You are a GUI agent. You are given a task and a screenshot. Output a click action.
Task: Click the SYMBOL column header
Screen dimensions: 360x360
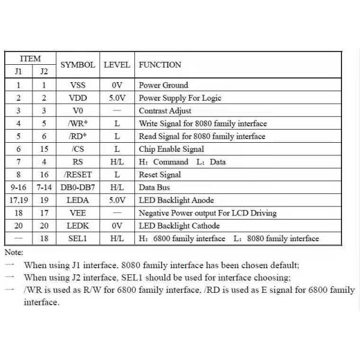(77, 65)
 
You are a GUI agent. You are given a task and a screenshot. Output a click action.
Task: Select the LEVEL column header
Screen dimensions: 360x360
(117, 65)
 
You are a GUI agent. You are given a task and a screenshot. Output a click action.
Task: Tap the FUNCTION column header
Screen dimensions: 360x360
(160, 65)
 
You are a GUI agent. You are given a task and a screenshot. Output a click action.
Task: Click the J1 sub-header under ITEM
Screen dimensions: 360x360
(19, 71)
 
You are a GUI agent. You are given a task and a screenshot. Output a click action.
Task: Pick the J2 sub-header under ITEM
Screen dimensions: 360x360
(44, 71)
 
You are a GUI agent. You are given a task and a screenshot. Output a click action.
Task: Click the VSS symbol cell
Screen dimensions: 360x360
(78, 85)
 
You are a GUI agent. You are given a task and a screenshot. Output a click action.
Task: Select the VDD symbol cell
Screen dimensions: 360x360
(78, 98)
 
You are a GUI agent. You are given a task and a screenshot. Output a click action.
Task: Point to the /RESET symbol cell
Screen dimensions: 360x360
(78, 175)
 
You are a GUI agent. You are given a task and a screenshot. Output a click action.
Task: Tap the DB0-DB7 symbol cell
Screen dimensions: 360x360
(77, 187)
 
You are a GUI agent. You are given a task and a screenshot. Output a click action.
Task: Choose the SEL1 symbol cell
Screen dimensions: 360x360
(77, 239)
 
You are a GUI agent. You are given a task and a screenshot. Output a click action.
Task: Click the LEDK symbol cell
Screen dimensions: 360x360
(78, 226)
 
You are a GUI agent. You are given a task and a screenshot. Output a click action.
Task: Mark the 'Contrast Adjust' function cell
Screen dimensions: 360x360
(165, 111)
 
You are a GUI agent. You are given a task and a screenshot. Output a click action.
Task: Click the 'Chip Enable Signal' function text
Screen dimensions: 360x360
(171, 149)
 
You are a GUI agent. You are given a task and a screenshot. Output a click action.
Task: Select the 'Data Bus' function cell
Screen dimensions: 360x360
(154, 187)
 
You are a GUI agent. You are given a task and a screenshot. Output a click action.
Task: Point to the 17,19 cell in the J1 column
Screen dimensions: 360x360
(19, 200)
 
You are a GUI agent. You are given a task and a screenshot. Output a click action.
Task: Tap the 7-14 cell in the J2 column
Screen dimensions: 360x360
(44, 187)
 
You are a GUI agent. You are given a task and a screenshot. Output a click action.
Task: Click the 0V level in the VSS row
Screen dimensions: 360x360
(117, 85)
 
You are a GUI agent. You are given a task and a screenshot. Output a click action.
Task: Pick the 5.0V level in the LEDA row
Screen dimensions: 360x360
(117, 200)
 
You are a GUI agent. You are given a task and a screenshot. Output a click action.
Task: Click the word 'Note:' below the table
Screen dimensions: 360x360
(14, 253)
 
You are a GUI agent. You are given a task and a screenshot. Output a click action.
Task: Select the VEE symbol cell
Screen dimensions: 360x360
(78, 213)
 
